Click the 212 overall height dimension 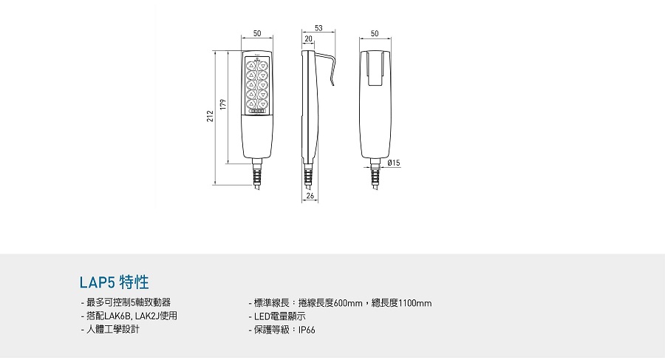click(210, 116)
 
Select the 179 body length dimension click(223, 105)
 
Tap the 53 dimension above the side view click(318, 28)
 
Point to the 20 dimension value click(308, 38)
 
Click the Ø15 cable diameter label click(394, 163)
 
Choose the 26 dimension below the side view click(310, 196)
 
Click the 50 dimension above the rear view click(375, 33)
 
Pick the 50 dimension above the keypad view click(257, 33)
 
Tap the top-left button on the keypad click(251, 66)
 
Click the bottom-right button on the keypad click(263, 103)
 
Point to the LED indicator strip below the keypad click(257, 111)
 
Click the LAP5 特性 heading click(114, 282)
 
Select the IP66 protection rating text click(307, 330)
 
